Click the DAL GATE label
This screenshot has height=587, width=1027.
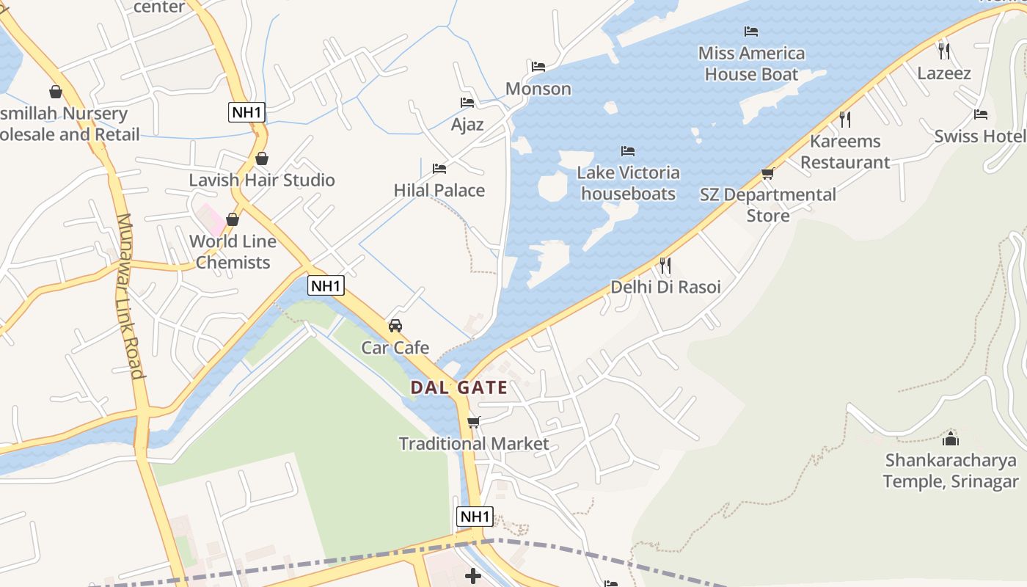[x=458, y=387]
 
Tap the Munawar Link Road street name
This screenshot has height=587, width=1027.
[x=128, y=295]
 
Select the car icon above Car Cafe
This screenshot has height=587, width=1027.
[x=395, y=325]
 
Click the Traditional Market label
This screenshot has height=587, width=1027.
[x=474, y=443]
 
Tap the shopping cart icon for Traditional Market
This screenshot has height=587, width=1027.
[x=474, y=422]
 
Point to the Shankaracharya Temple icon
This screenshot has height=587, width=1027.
[x=951, y=439]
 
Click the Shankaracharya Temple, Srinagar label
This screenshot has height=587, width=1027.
[x=951, y=471]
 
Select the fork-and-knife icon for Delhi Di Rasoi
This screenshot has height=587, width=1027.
[x=665, y=265]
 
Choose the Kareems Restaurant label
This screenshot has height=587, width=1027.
[x=845, y=151]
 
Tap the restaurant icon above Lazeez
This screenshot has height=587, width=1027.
[x=944, y=51]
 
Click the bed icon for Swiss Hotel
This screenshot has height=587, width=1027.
[x=981, y=114]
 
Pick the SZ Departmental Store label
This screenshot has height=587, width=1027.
[x=768, y=205]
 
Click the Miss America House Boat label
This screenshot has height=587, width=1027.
[x=751, y=63]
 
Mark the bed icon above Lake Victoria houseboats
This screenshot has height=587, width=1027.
[x=628, y=151]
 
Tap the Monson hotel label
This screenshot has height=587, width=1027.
[x=538, y=89]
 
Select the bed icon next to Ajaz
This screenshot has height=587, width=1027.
[x=467, y=103]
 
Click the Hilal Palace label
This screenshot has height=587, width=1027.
[x=439, y=190]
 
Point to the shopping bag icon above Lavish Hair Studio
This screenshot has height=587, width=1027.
[x=262, y=158]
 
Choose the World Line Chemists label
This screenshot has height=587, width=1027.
[x=233, y=252]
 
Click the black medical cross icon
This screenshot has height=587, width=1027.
[x=473, y=576]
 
